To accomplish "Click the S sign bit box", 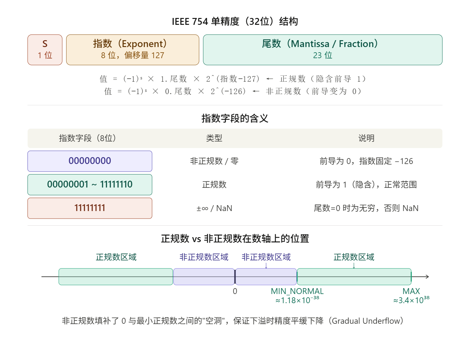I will pos(45,50).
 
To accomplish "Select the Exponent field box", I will pos(133,50).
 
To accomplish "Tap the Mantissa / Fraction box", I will pos(322,50).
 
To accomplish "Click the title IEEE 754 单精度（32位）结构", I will pos(235,22).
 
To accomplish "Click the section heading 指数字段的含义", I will pos(235,118).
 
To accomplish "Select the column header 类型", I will pos(214,138).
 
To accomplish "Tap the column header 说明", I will pos(366,138).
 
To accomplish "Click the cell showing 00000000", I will pos(90,161).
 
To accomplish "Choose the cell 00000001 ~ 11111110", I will pos(90,185).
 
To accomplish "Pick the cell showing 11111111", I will pos(90,208).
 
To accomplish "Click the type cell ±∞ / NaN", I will pos(214,208).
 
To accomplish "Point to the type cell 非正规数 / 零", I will pos(214,161).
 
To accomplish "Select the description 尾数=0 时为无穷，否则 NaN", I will pos(366,208).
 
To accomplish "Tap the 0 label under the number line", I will pos(235,291).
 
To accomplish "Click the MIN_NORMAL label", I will pos(297,291).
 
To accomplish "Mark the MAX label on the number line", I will pos(411,291).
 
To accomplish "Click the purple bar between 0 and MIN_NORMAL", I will pos(266,277).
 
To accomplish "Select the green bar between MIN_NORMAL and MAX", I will pos(354,277).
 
